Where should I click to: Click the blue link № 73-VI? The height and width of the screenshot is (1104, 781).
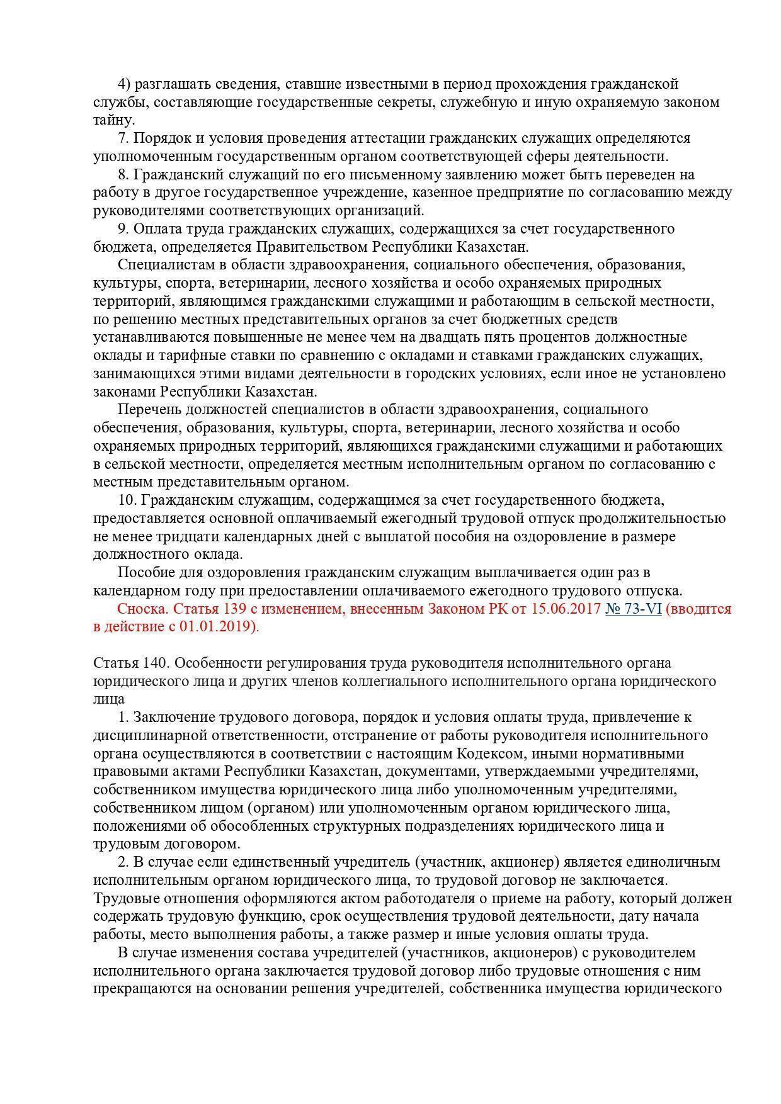[x=633, y=609]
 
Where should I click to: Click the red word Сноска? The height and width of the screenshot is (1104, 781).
[x=142, y=609]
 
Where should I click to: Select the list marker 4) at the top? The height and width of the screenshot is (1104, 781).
[x=125, y=84]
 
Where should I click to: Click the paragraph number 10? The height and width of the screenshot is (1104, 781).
[x=127, y=500]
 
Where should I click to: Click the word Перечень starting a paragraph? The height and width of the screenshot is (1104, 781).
[x=150, y=410]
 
